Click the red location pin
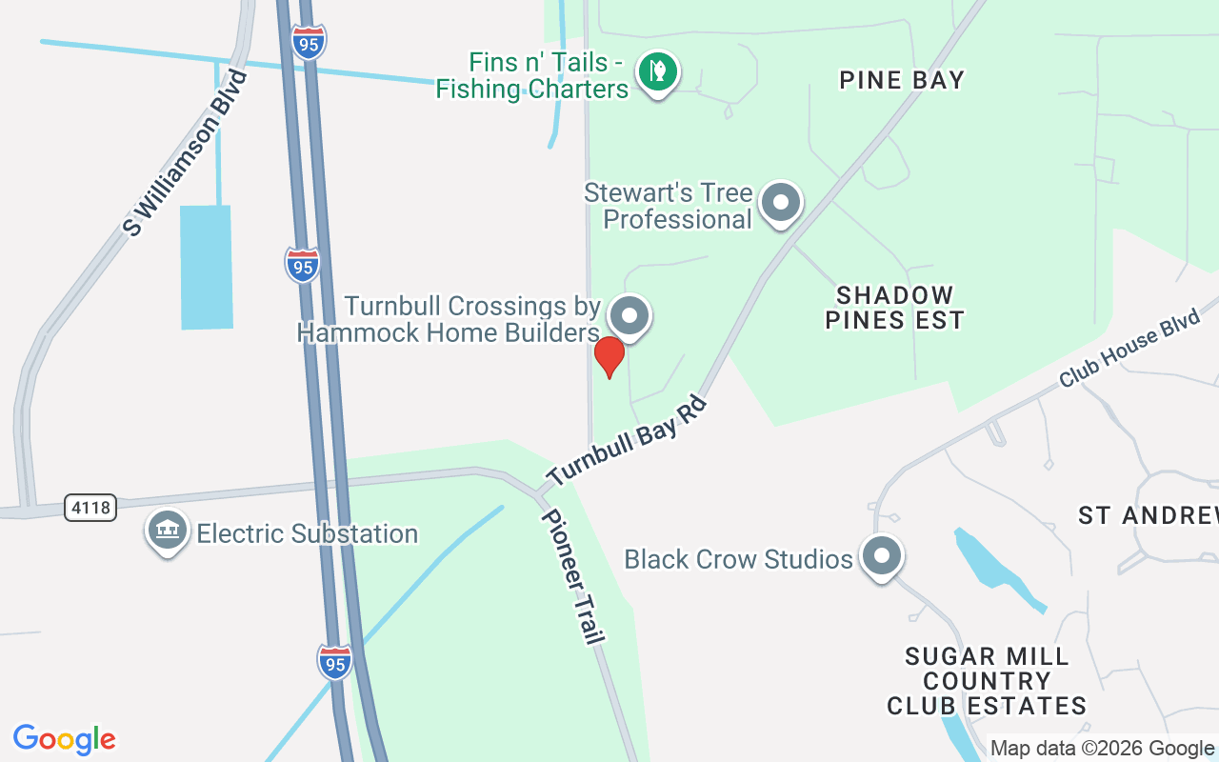pos(609,356)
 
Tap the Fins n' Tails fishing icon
pos(656,71)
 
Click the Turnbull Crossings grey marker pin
pos(629,315)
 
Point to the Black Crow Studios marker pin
pos(881,554)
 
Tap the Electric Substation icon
pos(167,531)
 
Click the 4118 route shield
pos(91,508)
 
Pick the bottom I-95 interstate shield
pos(334,661)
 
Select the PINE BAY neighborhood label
pos(902,80)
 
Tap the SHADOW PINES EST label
pos(894,307)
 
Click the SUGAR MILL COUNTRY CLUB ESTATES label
pos(987,681)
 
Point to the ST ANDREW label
pos(1148,516)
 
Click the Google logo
pos(65,739)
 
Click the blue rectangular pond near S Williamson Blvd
pos(206,267)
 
